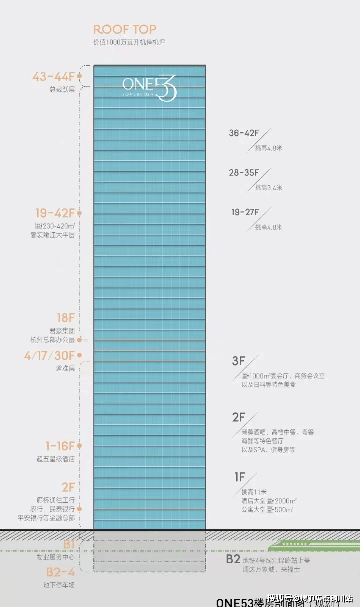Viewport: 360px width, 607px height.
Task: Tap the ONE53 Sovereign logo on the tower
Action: point(149,89)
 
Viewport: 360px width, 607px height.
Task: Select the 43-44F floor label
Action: point(53,77)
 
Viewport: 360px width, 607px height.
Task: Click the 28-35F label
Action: point(244,173)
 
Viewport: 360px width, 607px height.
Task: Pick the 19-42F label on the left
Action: point(55,213)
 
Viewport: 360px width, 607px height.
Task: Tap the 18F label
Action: point(65,317)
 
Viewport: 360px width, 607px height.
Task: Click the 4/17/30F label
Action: point(49,356)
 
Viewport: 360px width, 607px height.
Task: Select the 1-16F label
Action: point(60,446)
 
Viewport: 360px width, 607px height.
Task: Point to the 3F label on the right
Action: point(239,361)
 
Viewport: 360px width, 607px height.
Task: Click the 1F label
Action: point(240,477)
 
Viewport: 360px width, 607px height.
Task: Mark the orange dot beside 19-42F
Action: point(79,213)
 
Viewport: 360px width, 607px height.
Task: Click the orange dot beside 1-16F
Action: point(79,446)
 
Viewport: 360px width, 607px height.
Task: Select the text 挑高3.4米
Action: point(268,188)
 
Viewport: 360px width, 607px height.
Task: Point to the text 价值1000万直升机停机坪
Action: point(129,42)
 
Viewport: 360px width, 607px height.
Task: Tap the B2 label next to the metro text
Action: point(233,559)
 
